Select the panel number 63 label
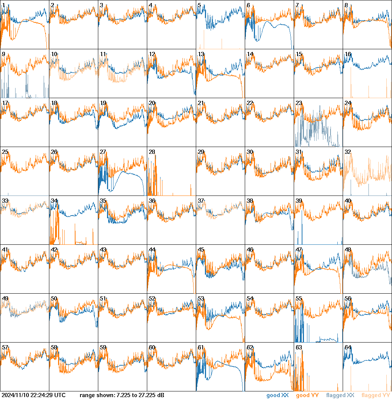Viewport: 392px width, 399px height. click(x=299, y=347)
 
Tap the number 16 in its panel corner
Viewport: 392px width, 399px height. click(x=348, y=54)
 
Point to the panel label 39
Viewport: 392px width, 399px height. click(x=299, y=201)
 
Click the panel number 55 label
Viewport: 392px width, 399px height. click(x=299, y=299)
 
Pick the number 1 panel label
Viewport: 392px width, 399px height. click(x=3, y=5)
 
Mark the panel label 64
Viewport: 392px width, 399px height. click(x=348, y=347)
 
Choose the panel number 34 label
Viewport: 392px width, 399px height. click(x=54, y=201)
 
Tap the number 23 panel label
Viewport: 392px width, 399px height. click(x=299, y=103)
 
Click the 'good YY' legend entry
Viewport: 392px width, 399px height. click(x=307, y=396)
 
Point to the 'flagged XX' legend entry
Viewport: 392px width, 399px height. click(x=340, y=396)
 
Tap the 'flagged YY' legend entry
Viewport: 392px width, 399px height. click(x=375, y=396)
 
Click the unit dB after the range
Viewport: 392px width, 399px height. click(x=161, y=396)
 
